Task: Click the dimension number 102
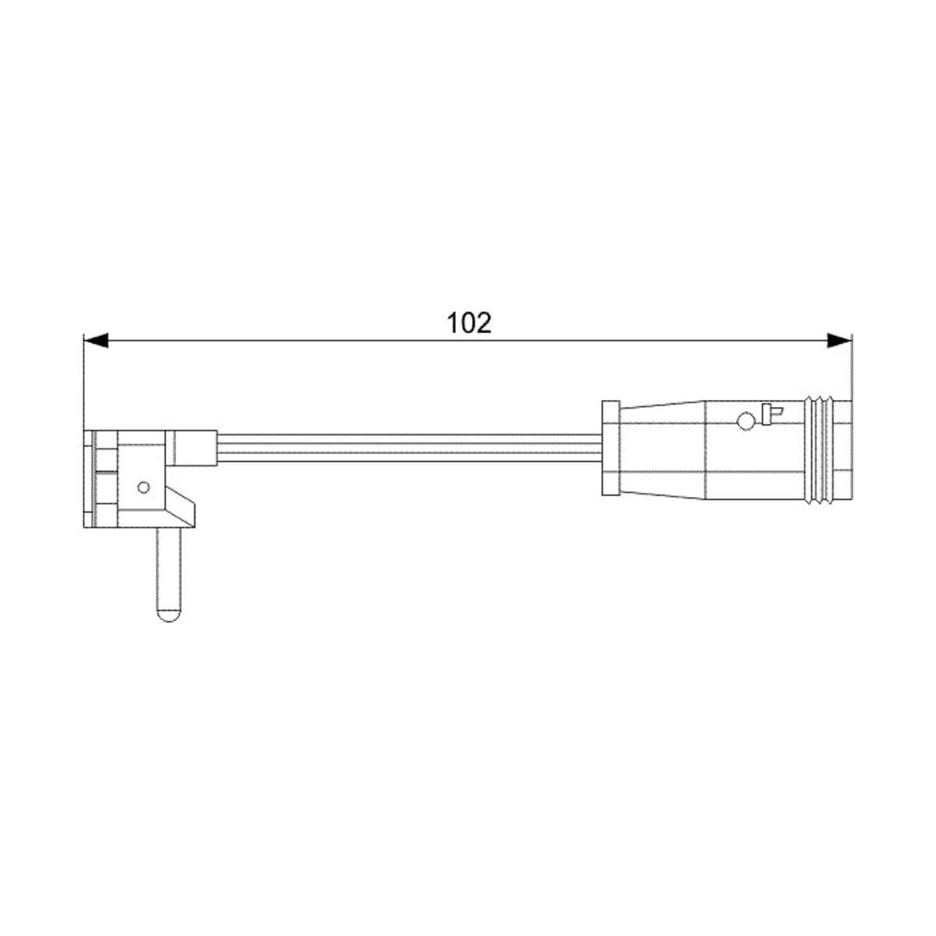click(x=469, y=323)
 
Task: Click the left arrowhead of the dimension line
click(x=96, y=341)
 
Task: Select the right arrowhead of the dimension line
click(x=839, y=341)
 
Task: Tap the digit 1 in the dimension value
click(x=453, y=323)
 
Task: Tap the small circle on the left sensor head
click(x=144, y=487)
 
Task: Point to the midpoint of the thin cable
click(x=409, y=448)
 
